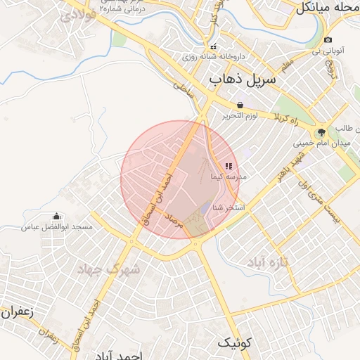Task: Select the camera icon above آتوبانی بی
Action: pyautogui.click(x=328, y=39)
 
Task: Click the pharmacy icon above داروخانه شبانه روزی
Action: pyautogui.click(x=214, y=46)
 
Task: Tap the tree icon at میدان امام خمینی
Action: pyautogui.click(x=321, y=131)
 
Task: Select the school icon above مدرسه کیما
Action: pyautogui.click(x=228, y=167)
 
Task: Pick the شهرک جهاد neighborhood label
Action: pyautogui.click(x=108, y=269)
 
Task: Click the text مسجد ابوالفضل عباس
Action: pyautogui.click(x=57, y=227)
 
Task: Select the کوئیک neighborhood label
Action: pyautogui.click(x=233, y=342)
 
